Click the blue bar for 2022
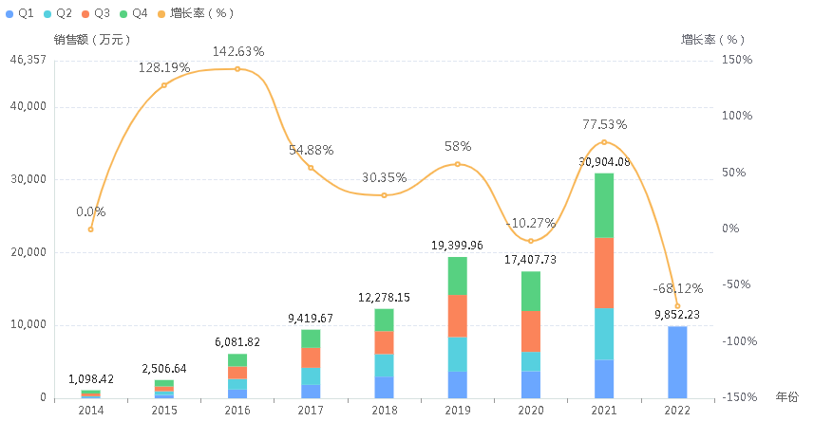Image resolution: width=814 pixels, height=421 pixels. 677,362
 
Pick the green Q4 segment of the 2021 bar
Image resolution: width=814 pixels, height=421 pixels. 604,205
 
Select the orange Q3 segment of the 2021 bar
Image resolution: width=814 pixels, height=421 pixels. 604,273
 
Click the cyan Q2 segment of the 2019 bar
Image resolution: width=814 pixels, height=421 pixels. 458,354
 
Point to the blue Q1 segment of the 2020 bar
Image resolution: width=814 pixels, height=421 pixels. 531,384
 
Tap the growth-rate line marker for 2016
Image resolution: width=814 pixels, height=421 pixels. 237,69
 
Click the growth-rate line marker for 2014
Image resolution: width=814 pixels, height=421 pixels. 90,229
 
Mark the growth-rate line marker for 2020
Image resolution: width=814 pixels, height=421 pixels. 531,241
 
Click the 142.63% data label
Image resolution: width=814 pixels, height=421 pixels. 237,51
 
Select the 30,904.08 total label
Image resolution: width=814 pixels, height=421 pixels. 604,161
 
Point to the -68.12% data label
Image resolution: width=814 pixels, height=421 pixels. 677,288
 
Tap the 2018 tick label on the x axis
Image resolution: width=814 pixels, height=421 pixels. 384,410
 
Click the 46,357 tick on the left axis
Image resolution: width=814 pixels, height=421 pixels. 27,60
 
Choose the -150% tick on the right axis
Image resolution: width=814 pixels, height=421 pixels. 737,397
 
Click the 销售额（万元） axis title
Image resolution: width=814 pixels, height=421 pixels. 93,40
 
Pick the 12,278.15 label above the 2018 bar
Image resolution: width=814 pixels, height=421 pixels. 384,298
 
